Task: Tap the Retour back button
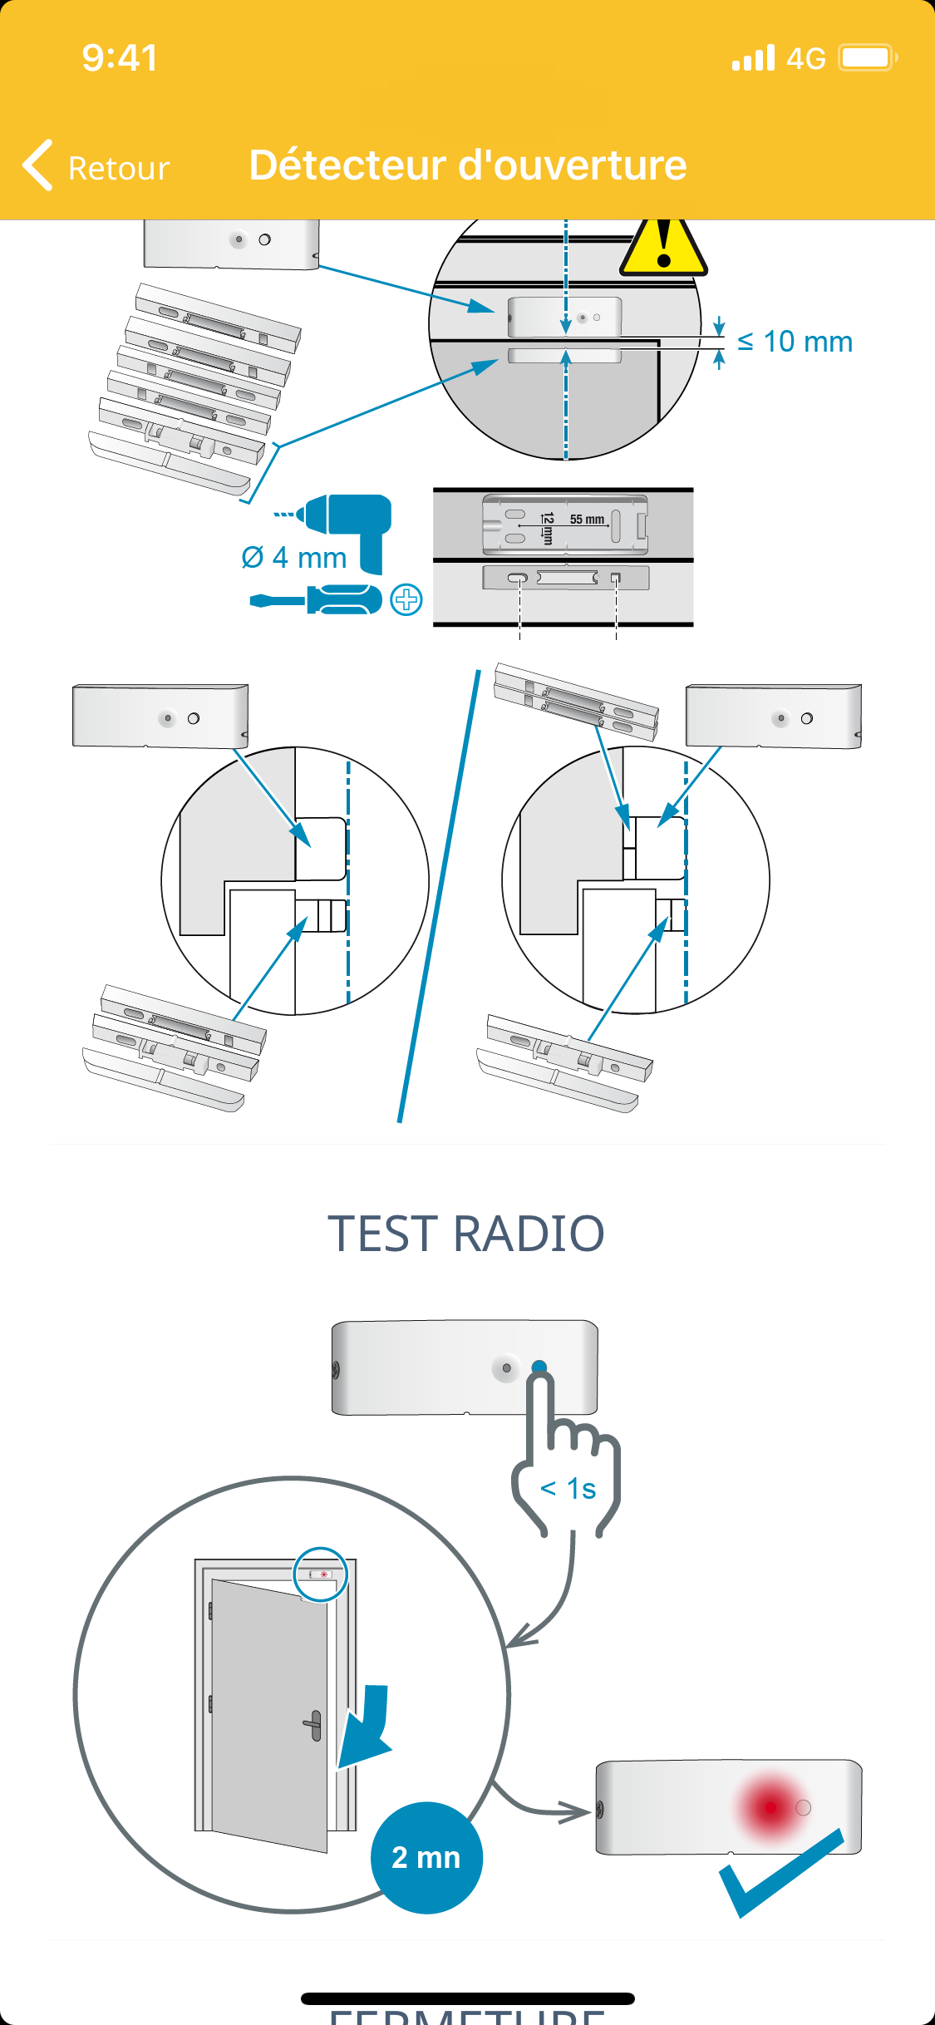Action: tap(96, 166)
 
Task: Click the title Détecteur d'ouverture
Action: tap(468, 165)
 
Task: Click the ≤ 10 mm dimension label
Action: tap(795, 342)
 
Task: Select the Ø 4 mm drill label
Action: tap(294, 558)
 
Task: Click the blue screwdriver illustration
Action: tap(317, 599)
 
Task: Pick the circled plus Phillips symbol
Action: tap(406, 599)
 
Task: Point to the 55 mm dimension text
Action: tap(587, 520)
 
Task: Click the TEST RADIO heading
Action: tap(466, 1233)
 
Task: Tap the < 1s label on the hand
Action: tap(568, 1488)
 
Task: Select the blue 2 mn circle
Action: tap(426, 1857)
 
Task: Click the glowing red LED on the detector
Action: tap(771, 1806)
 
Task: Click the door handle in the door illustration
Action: tap(313, 1725)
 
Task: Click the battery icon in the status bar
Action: tap(867, 58)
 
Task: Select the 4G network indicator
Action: tap(805, 58)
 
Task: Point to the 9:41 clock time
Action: tap(120, 58)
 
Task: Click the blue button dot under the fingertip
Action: tap(539, 1367)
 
